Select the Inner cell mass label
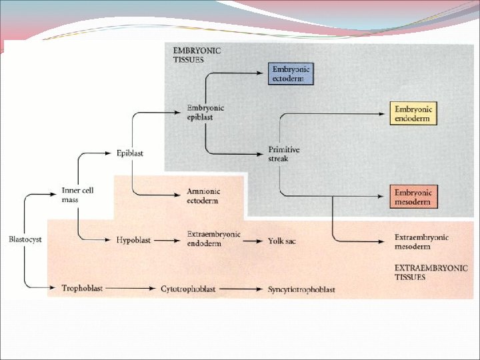[77, 195]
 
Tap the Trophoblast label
[81, 289]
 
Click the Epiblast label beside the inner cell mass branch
[129, 153]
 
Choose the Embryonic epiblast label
[205, 112]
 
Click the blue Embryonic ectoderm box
[291, 73]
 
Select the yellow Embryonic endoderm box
[413, 114]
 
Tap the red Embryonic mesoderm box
[413, 197]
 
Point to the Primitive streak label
[283, 154]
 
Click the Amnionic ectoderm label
[203, 196]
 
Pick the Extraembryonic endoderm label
[213, 239]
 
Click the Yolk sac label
[281, 240]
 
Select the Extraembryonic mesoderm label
[421, 241]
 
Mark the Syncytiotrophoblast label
[301, 289]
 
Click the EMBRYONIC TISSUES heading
[197, 55]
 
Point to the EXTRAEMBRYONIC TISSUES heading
[431, 272]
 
